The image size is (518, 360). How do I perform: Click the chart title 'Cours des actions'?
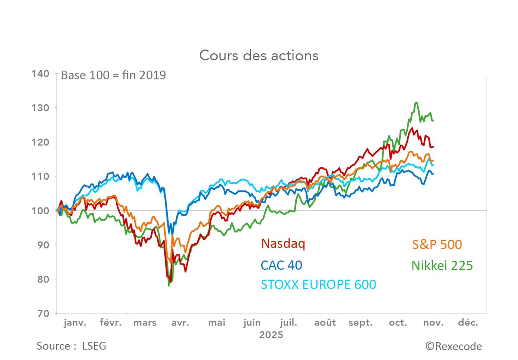[259, 56]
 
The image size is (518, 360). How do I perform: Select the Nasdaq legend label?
[283, 243]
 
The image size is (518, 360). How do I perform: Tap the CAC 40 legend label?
[281, 265]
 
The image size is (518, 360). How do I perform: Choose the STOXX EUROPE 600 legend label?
[318, 285]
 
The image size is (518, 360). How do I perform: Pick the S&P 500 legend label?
[437, 244]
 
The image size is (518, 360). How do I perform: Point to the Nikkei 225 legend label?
[442, 266]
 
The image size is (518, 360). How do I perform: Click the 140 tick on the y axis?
[40, 74]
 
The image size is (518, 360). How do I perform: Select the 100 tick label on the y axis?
[40, 211]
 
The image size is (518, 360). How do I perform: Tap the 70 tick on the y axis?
[43, 314]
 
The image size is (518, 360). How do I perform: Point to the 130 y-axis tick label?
[40, 108]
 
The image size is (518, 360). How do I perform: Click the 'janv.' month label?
[75, 323]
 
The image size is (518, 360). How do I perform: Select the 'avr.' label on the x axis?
[180, 323]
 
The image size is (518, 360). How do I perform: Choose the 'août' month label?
[325, 323]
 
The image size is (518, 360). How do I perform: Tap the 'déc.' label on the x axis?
[468, 323]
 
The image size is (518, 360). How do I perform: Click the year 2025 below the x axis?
[271, 335]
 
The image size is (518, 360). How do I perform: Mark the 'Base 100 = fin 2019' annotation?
[113, 75]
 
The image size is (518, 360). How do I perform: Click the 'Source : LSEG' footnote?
[71, 346]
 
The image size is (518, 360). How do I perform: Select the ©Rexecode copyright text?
[454, 347]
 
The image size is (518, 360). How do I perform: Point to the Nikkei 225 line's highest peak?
[416, 103]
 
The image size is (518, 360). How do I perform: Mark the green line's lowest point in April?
[169, 285]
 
